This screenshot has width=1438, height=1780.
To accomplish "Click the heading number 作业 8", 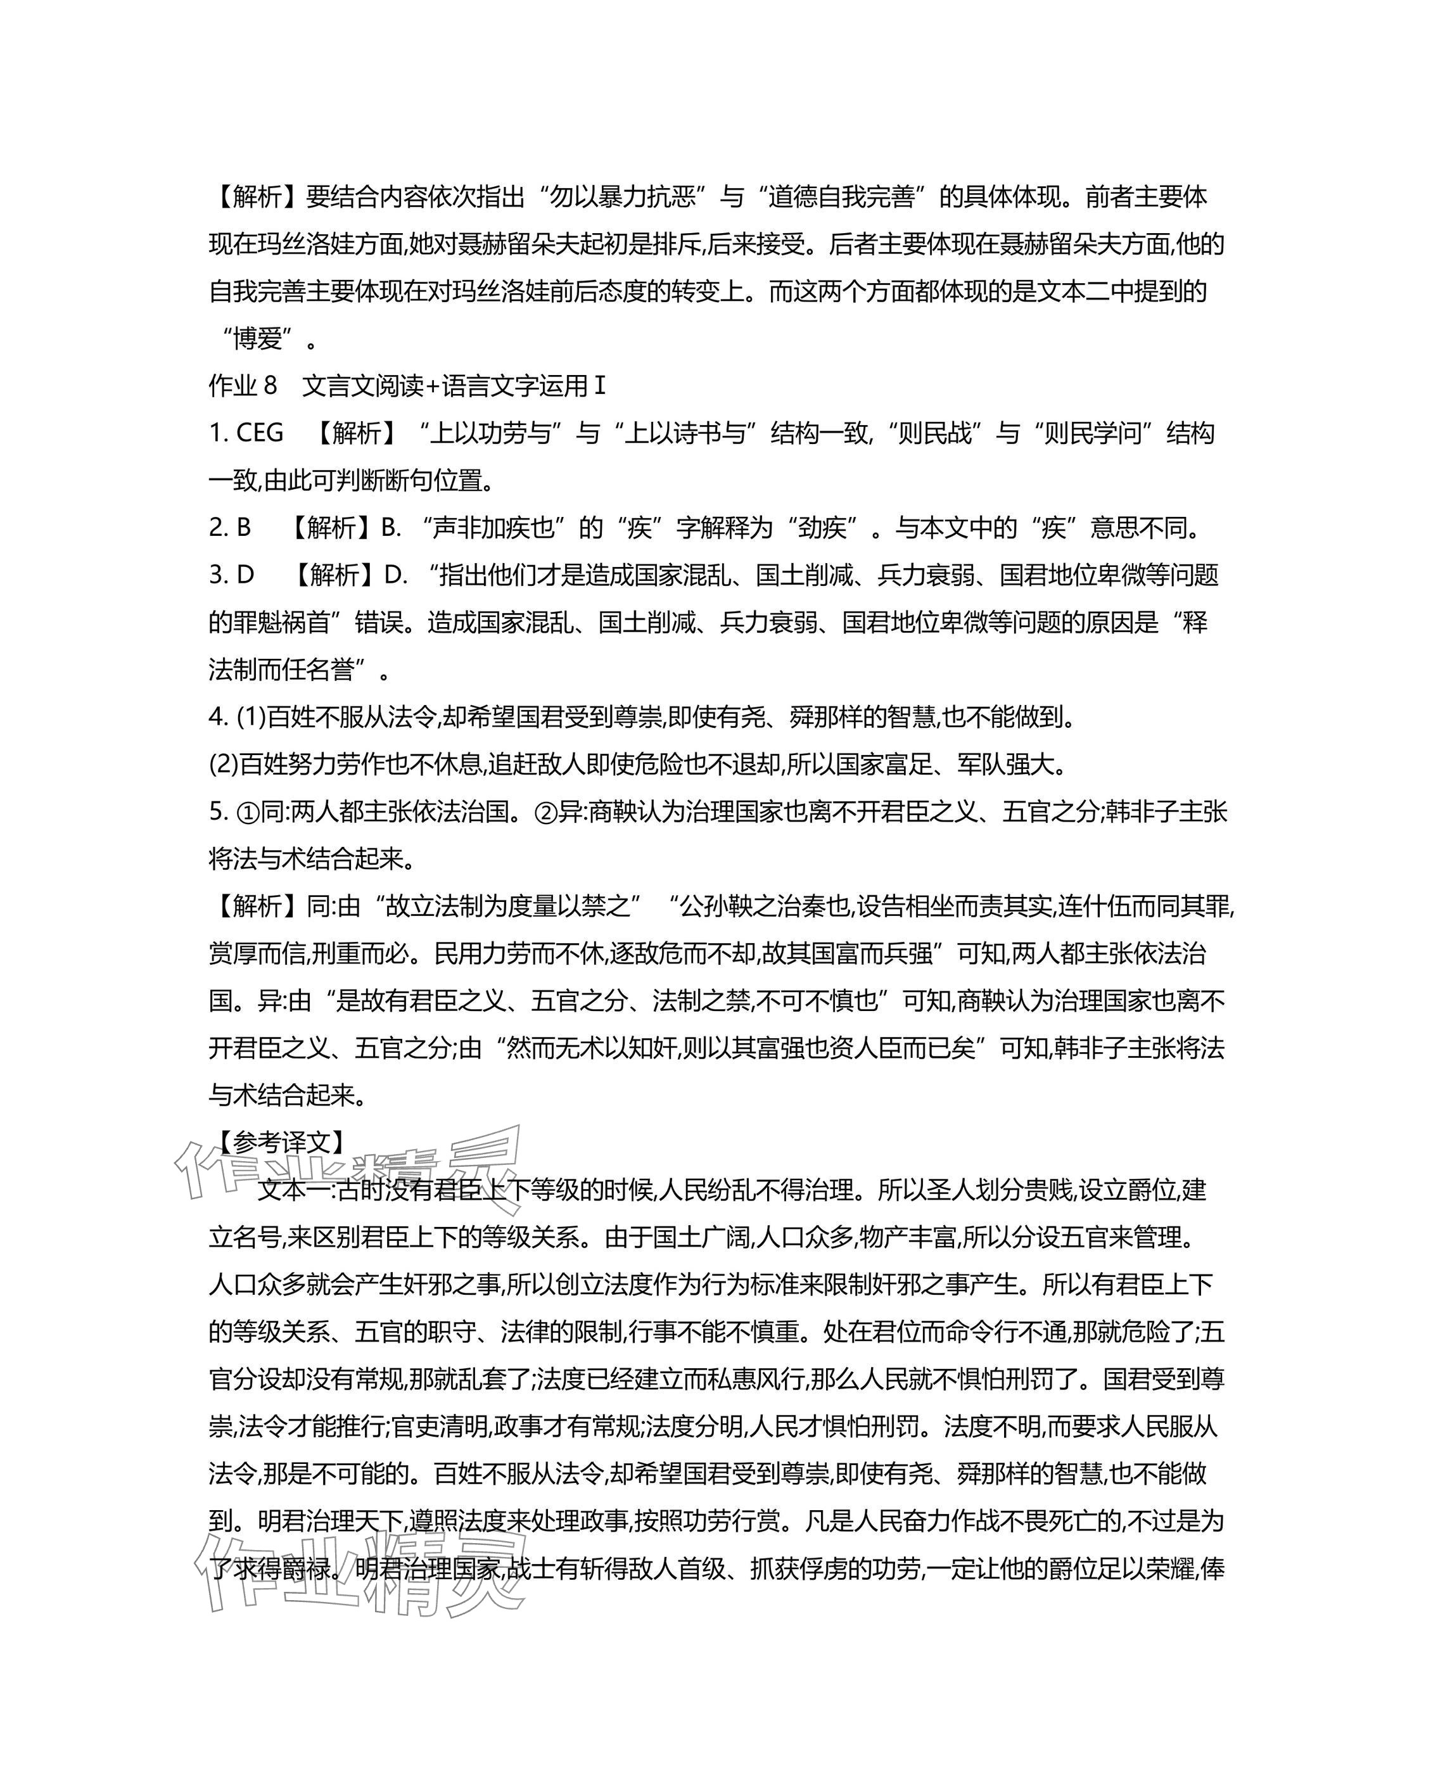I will (243, 386).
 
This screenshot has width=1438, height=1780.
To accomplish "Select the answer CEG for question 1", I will (259, 433).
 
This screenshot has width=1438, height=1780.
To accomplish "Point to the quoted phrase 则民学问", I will (1098, 433).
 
